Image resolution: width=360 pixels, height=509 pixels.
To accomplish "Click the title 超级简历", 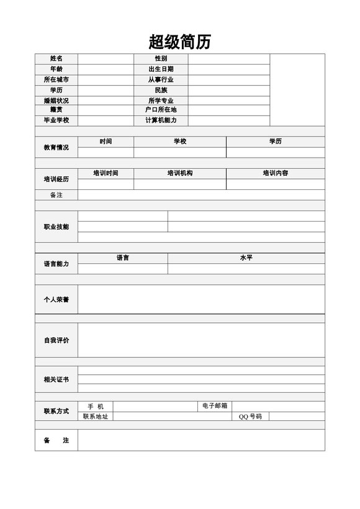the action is [x=180, y=42].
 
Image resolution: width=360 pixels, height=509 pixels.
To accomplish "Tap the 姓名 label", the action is [x=56, y=58].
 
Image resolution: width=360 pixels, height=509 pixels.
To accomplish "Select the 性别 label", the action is [x=161, y=58].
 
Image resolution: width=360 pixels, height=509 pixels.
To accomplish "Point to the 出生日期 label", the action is [x=161, y=69].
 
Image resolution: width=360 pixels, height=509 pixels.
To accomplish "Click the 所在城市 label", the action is [x=56, y=79].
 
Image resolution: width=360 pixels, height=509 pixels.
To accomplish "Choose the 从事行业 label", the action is [x=161, y=79].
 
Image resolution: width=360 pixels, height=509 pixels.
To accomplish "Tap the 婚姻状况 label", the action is [x=56, y=101].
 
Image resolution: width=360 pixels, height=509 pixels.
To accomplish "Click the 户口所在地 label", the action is [x=161, y=109].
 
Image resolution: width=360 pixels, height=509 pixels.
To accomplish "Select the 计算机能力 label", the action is [x=161, y=120].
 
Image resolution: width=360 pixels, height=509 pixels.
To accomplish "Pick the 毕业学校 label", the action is [x=56, y=120].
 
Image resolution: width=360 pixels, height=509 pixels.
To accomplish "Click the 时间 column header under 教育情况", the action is [x=106, y=142].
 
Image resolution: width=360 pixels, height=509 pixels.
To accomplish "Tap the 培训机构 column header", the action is [x=180, y=173].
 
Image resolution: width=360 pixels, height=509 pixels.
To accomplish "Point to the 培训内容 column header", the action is [x=275, y=173].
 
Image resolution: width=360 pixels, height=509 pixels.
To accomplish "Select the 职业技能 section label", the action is [x=56, y=227].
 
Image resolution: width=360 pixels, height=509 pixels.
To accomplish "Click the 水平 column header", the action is [x=246, y=258].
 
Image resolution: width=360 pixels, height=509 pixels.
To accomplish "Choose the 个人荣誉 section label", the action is [x=56, y=299].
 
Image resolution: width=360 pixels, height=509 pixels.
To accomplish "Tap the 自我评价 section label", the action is [x=56, y=340].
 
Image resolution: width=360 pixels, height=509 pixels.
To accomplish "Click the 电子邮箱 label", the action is [x=215, y=406].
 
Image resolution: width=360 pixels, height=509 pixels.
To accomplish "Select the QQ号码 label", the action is [x=250, y=417].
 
